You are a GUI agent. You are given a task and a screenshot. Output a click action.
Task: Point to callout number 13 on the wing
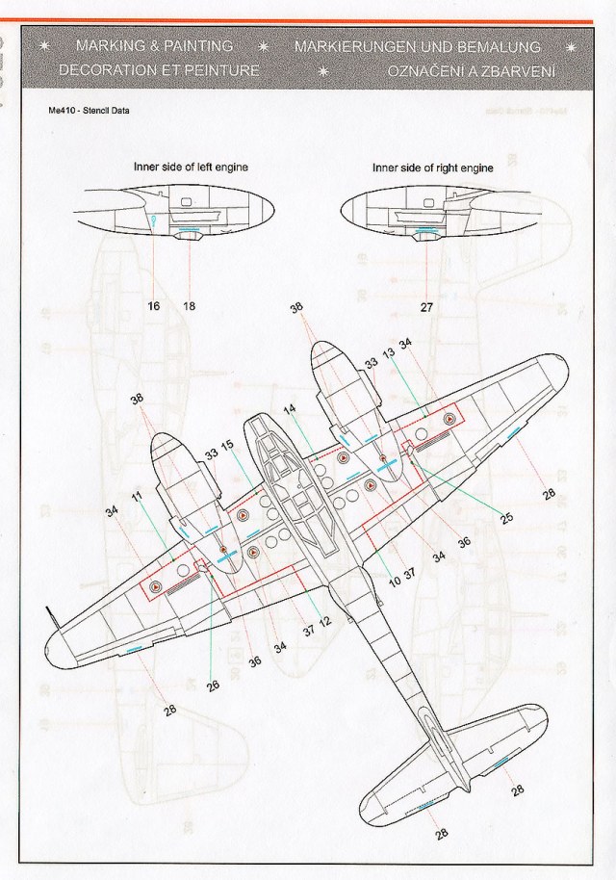pos(388,354)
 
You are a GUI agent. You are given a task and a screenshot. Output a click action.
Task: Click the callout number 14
pos(290,409)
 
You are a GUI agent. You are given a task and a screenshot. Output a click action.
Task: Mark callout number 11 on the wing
pos(137,497)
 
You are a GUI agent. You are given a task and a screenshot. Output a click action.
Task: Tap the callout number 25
pos(506,518)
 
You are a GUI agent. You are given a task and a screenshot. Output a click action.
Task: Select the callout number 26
pos(213,686)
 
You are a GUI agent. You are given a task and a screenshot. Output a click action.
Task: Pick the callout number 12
pos(325,620)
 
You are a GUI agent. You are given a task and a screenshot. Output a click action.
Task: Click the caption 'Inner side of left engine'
pos(191,167)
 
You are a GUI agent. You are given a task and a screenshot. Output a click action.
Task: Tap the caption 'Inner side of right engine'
pos(433,168)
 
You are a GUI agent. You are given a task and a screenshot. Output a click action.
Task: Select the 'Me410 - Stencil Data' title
pos(88,110)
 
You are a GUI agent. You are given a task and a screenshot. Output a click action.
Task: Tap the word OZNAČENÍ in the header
pos(431,71)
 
